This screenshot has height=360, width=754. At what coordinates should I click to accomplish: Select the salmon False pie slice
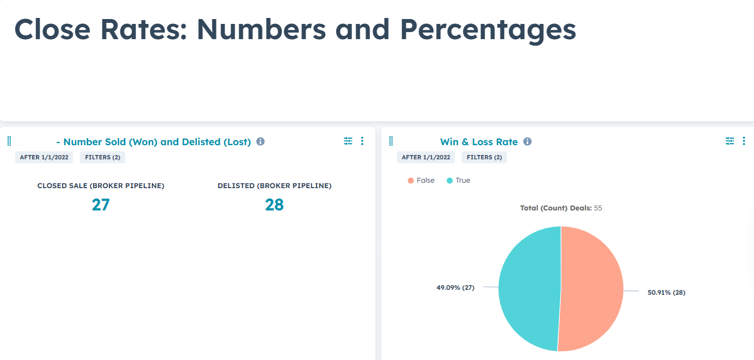tap(593, 288)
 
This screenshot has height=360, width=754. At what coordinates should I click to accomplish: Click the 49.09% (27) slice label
tap(455, 288)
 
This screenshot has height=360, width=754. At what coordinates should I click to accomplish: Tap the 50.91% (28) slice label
tap(666, 293)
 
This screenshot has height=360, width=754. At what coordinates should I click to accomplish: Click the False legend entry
tap(421, 181)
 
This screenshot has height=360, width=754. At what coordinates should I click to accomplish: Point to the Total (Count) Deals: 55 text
tap(561, 208)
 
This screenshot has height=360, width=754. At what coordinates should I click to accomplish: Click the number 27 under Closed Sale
tap(101, 204)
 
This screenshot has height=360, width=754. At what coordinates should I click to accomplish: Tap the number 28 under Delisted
tap(274, 204)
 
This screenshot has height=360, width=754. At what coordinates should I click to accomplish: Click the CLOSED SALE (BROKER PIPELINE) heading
tap(101, 186)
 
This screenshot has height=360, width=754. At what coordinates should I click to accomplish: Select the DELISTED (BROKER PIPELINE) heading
tap(274, 186)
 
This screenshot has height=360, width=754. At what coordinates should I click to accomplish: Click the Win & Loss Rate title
tap(479, 142)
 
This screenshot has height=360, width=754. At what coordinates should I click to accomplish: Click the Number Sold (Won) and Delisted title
tap(153, 142)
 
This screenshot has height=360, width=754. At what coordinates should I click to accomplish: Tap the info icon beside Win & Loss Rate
tap(527, 141)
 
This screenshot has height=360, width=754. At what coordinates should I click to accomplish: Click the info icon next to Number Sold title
tap(260, 141)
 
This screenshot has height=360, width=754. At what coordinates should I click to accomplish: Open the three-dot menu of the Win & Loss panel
tap(744, 141)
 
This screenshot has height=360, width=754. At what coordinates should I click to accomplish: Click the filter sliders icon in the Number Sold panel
tap(348, 141)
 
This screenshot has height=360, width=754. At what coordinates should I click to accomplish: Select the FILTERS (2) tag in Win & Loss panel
tap(484, 157)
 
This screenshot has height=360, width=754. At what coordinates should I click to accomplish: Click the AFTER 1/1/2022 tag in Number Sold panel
tap(45, 157)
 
